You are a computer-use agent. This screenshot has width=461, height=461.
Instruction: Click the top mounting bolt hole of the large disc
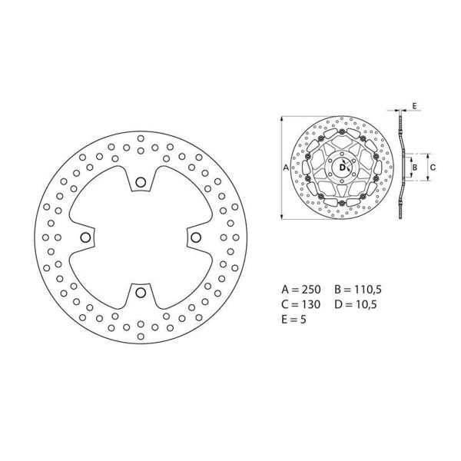coord(140,182)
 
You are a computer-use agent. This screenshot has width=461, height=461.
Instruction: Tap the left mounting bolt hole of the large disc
coord(85,237)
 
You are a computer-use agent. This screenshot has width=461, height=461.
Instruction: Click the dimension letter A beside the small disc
coord(286,167)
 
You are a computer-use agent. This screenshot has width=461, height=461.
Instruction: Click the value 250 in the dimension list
coord(311,290)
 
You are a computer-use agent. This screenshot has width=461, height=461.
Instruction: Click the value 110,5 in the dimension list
coord(364,290)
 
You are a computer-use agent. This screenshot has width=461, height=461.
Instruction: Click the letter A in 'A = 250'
coord(286,290)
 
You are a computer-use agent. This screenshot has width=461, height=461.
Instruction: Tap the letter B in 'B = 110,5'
coord(338,290)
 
